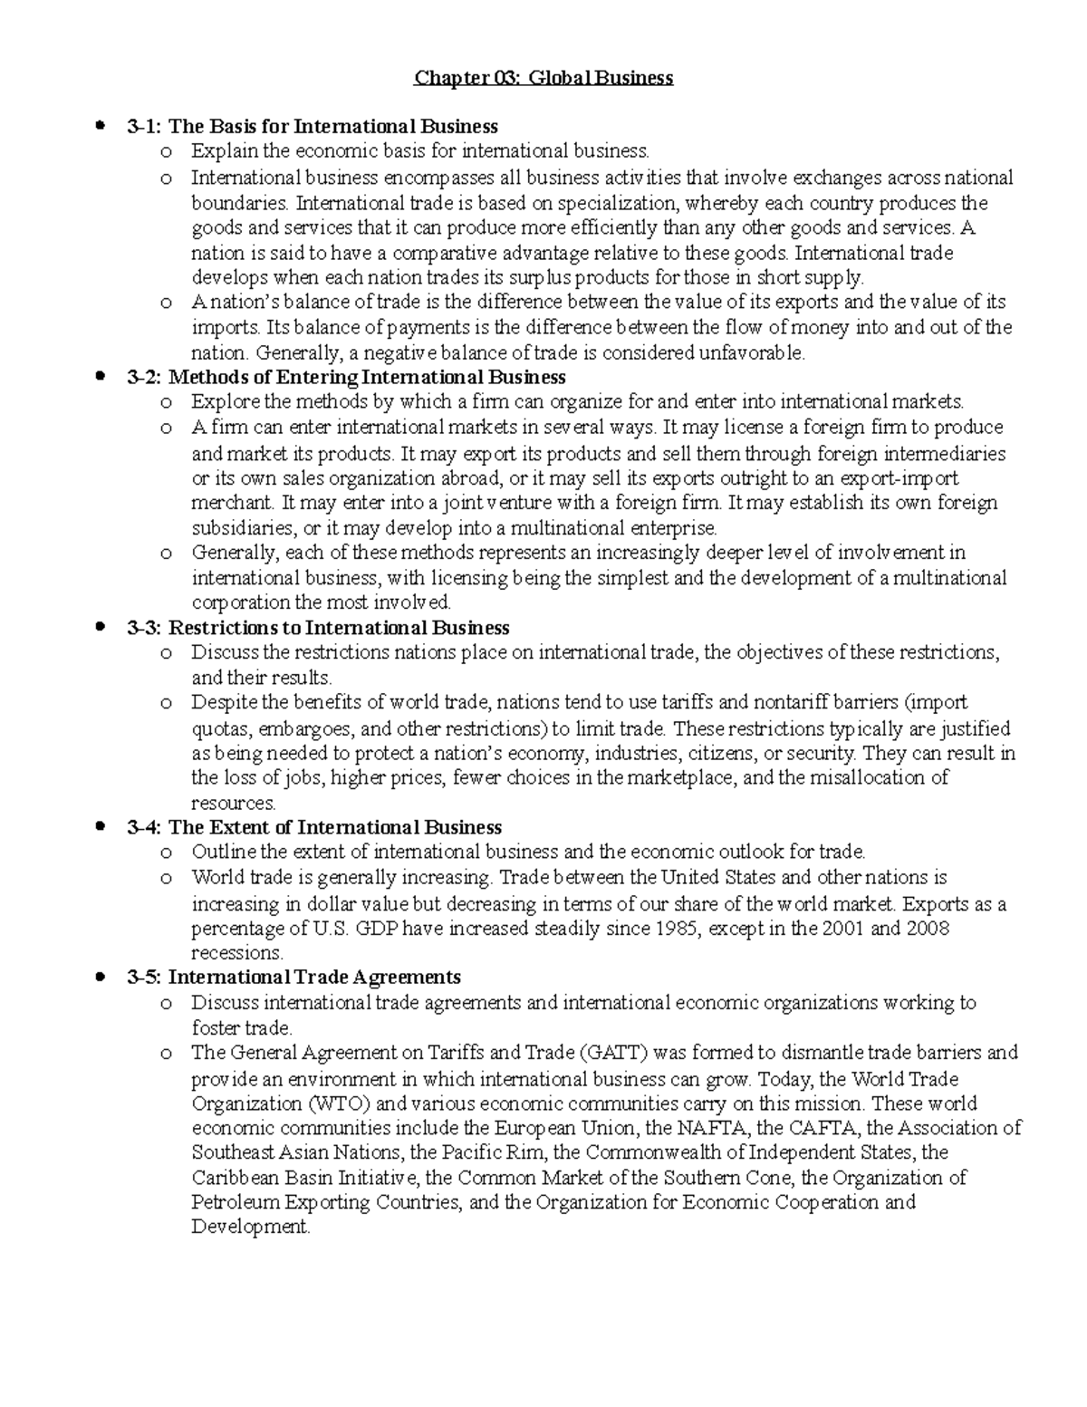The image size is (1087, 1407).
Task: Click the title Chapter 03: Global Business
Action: tap(543, 78)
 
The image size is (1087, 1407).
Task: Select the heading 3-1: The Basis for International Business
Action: tap(313, 126)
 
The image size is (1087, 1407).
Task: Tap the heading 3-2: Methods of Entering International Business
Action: tap(346, 377)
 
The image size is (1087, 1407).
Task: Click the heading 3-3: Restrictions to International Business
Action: tap(318, 628)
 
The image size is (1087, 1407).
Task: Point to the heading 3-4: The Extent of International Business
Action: tap(314, 827)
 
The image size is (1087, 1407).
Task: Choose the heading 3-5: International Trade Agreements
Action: tap(294, 978)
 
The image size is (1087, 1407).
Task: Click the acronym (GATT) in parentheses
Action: tap(612, 1053)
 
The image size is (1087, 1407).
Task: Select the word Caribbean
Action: tap(234, 1178)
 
